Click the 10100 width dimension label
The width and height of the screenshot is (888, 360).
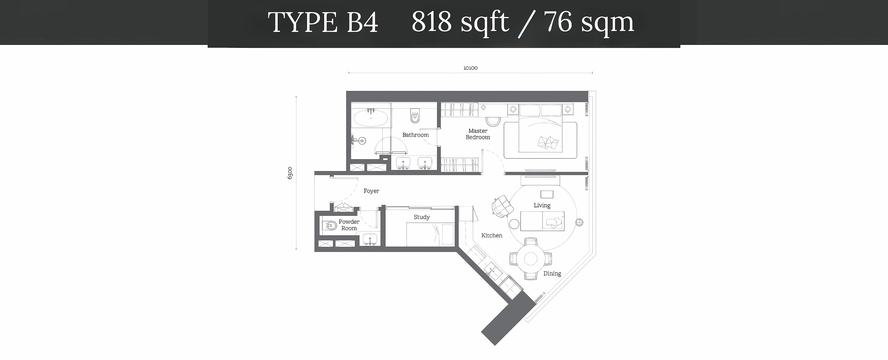coord(470,68)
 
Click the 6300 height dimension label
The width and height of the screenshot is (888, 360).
coord(290,173)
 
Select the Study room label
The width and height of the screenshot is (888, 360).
coord(422,217)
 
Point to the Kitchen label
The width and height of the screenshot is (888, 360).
coord(492,235)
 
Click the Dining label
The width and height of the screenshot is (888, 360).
coord(552,273)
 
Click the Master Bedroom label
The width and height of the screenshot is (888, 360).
coord(478,134)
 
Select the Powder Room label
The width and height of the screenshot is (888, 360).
coord(349,225)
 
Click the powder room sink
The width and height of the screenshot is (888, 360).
coord(370,239)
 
